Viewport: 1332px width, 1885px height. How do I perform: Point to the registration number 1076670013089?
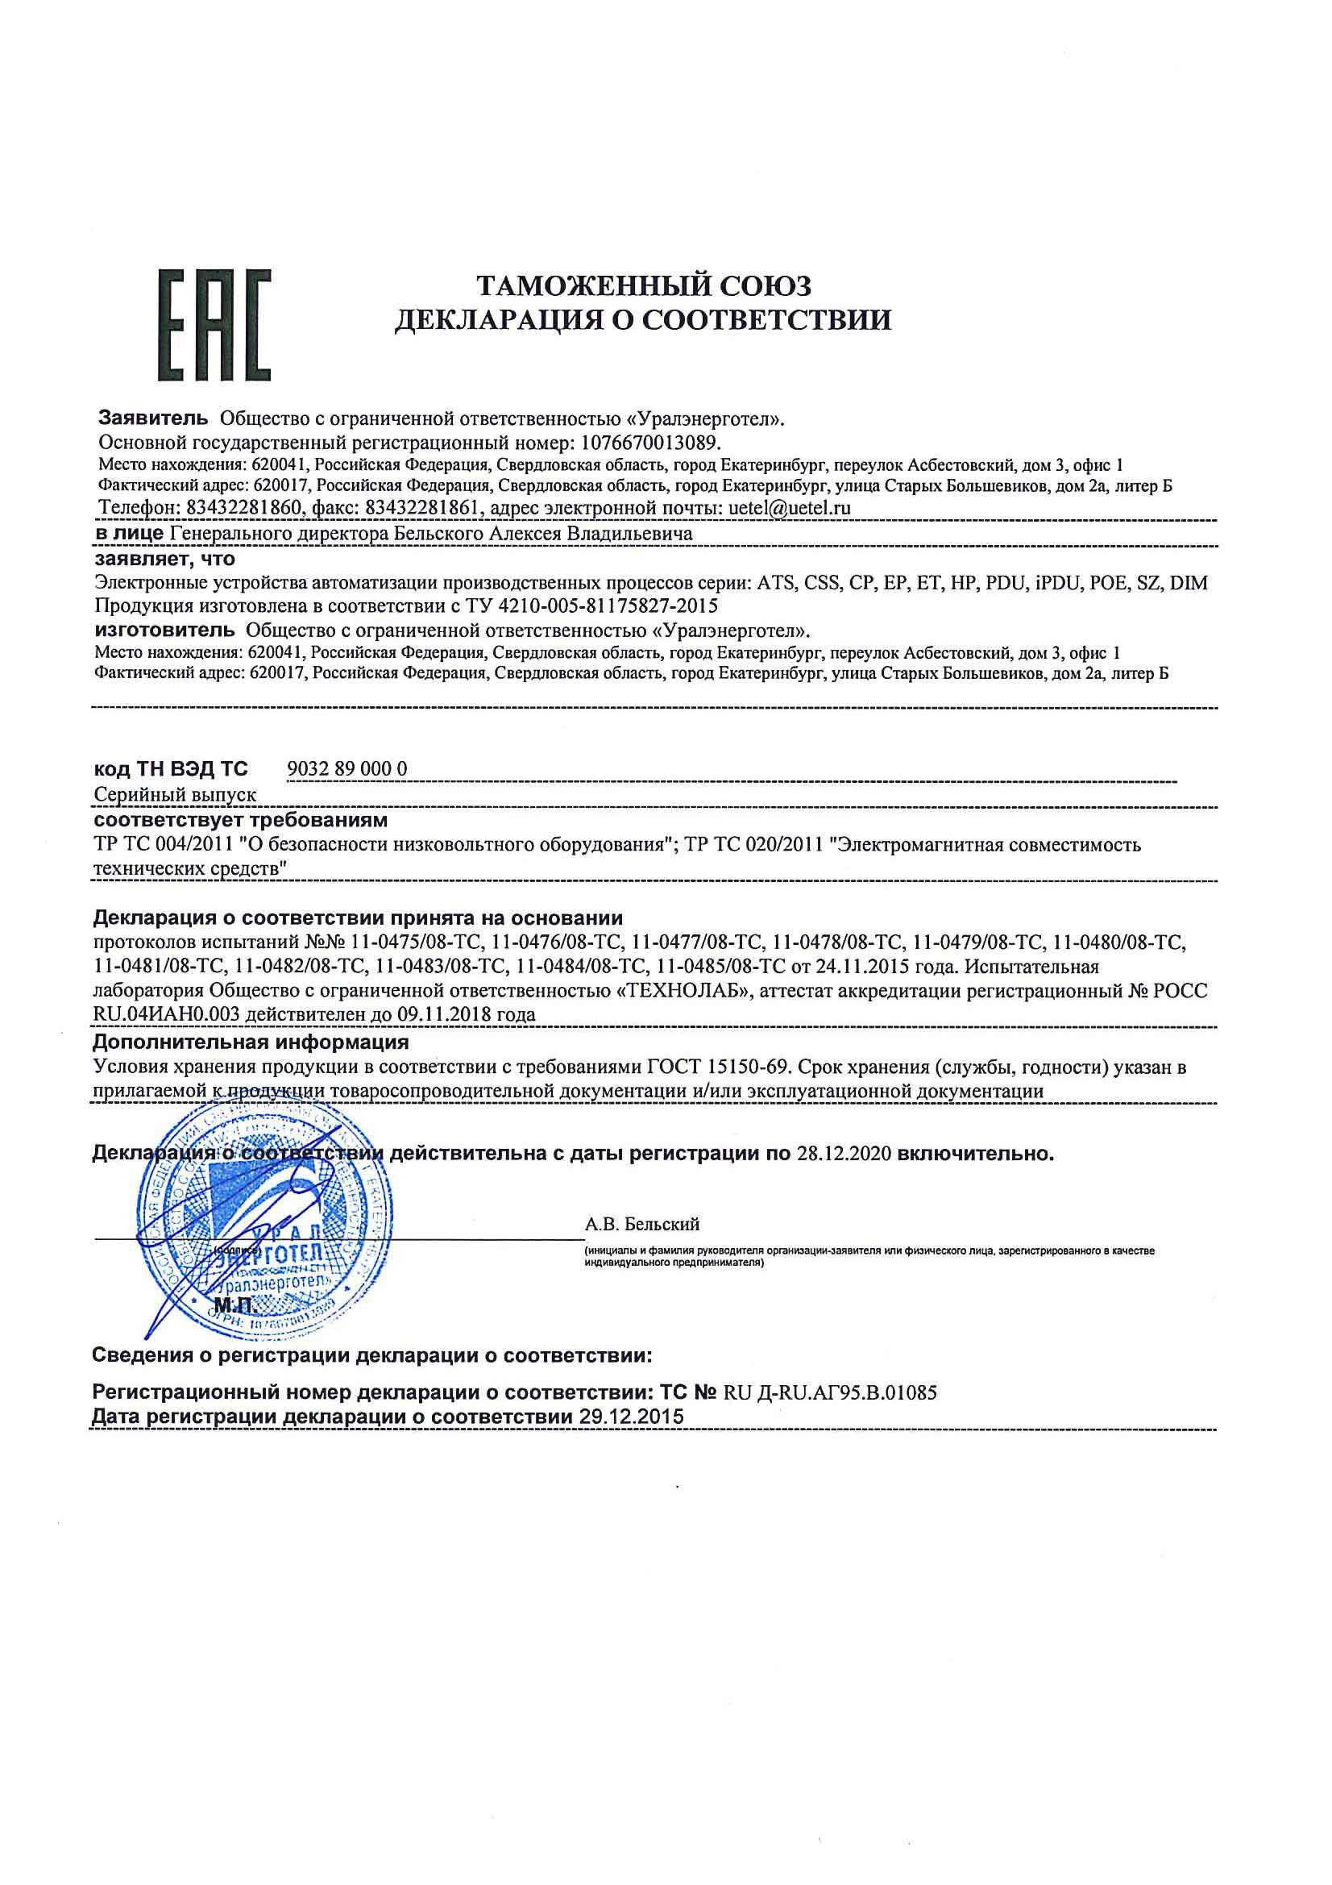click(649, 443)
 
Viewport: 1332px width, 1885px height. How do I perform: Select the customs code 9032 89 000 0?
click(348, 768)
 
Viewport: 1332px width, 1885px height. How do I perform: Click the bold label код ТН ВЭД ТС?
click(170, 769)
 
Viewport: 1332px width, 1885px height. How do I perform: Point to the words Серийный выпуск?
click(175, 795)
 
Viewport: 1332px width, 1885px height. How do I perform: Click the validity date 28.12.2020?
click(844, 1154)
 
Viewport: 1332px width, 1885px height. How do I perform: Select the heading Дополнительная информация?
click(251, 1042)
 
